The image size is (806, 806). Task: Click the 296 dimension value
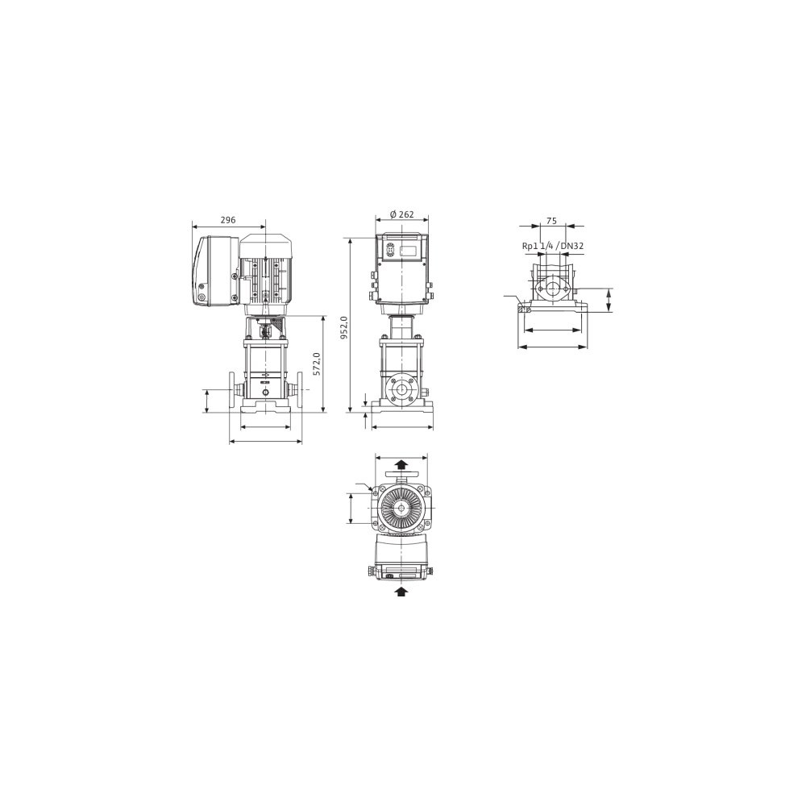tap(228, 220)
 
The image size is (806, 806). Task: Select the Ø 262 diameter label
tap(401, 214)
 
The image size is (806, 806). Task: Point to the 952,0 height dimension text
tap(344, 327)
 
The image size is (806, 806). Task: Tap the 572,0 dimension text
tap(317, 364)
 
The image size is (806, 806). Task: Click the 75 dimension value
tap(551, 221)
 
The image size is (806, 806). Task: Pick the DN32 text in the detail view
tap(571, 246)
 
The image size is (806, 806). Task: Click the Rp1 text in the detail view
tap(530, 246)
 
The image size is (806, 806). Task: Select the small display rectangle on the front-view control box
tap(409, 251)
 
